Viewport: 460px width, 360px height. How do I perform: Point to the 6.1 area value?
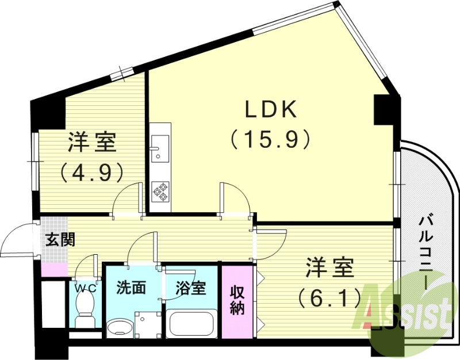coord(329,297)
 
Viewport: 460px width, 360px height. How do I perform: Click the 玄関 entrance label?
coord(60,239)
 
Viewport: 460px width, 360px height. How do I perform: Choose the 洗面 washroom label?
coord(131,288)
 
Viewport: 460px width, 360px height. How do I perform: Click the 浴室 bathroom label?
coord(190,288)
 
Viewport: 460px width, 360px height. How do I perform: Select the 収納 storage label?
coord(236,299)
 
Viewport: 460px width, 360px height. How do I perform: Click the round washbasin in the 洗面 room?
coord(119,328)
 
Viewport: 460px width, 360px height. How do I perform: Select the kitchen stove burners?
coord(161,192)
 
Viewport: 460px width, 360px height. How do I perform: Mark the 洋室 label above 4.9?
coord(93,142)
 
